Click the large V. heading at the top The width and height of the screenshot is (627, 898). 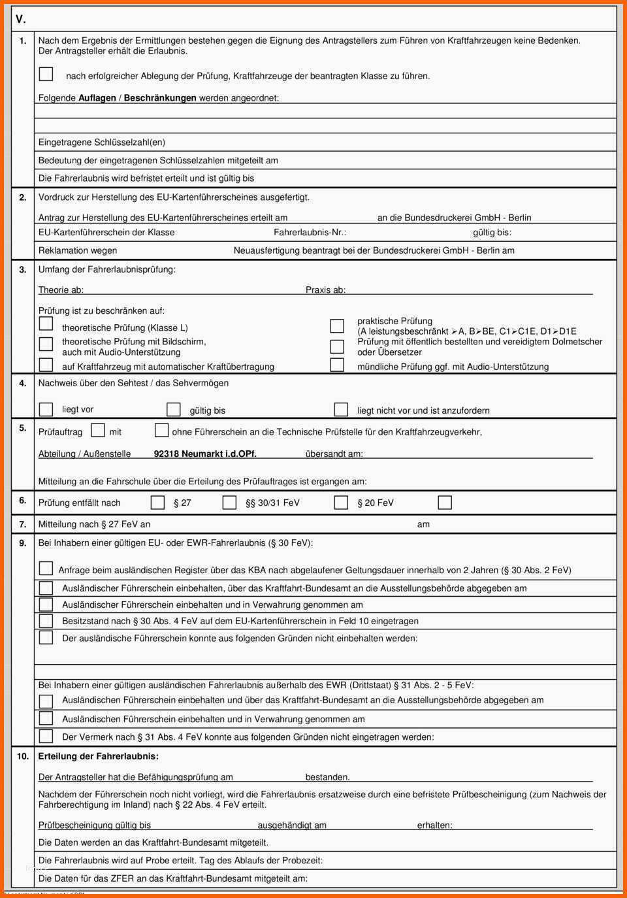tap(20, 20)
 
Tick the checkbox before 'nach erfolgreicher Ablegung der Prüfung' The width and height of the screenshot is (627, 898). tap(46, 74)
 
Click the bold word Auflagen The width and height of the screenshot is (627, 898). tap(97, 98)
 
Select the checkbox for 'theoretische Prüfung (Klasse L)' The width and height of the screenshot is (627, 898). tap(46, 324)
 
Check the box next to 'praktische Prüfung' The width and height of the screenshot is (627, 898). tap(337, 325)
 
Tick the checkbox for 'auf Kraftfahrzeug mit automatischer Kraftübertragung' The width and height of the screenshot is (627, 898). tap(46, 365)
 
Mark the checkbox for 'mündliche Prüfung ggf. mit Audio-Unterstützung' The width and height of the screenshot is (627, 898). tap(337, 365)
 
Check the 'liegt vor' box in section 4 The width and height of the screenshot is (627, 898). tap(46, 409)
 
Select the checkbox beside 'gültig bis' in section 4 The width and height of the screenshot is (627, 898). tap(173, 409)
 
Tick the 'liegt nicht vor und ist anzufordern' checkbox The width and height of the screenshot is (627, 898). tap(341, 409)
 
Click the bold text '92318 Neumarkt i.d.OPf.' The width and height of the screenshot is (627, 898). tap(205, 454)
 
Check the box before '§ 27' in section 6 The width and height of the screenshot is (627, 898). tap(157, 502)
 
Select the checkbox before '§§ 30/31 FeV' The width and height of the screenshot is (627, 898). tap(229, 502)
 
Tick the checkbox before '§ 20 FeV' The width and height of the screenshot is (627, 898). tap(341, 502)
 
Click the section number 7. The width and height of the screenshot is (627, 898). tap(23, 524)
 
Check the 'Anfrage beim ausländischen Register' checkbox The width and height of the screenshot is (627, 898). tap(46, 568)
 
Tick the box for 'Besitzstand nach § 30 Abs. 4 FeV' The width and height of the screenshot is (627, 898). tap(46, 621)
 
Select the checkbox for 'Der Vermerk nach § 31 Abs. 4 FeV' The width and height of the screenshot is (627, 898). tap(46, 737)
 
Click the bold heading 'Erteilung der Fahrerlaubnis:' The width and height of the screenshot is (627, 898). tap(99, 756)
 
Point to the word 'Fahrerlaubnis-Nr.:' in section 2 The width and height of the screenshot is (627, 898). tap(310, 233)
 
